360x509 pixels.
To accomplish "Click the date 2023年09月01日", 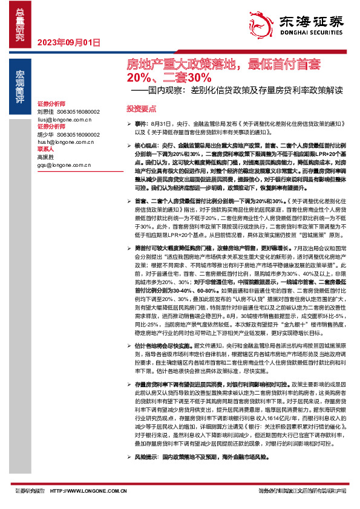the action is (x=68, y=42).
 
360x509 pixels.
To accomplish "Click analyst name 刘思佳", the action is (x=45, y=112).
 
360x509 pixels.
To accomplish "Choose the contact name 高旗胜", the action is (x=45, y=157).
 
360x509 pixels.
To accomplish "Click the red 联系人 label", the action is (x=46, y=149).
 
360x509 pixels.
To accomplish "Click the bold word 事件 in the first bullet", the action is (x=141, y=123).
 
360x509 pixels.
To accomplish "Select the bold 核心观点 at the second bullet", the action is (x=146, y=146).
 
